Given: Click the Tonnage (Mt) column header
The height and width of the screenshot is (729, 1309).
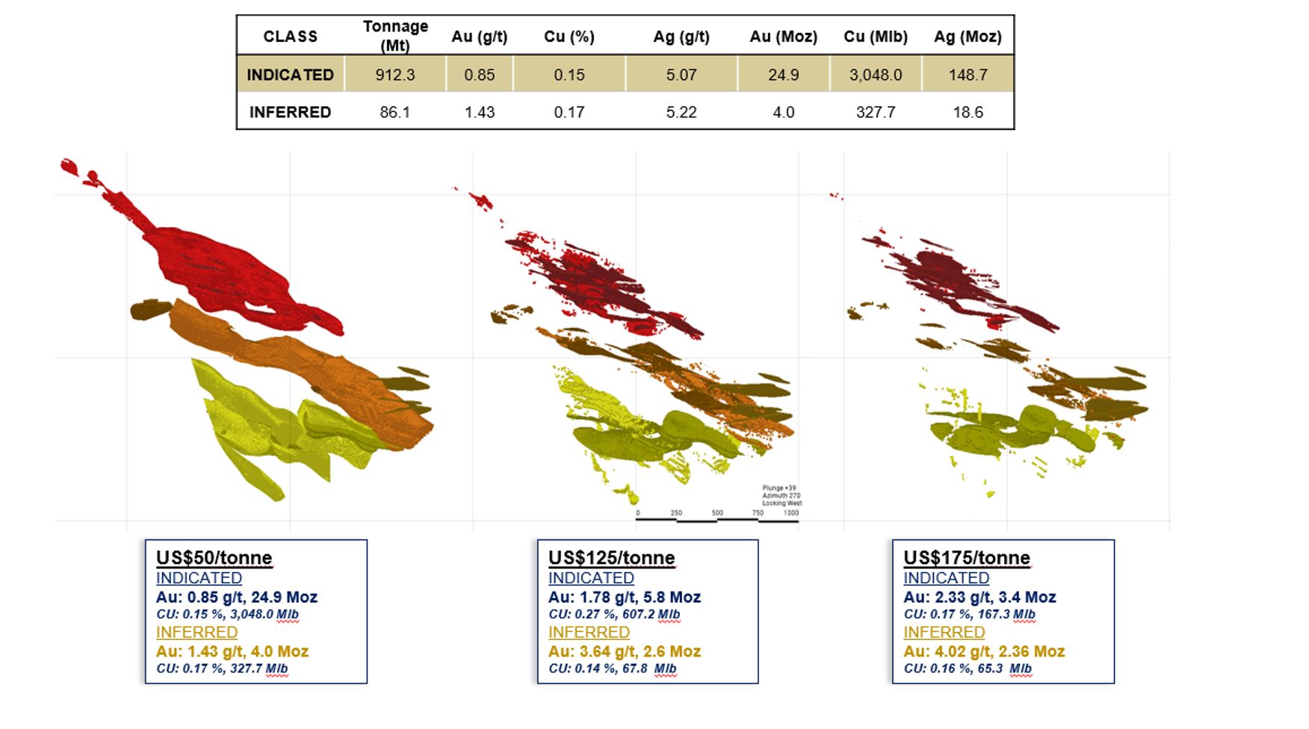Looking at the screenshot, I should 395,36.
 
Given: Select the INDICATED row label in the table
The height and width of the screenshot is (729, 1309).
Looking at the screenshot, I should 290,75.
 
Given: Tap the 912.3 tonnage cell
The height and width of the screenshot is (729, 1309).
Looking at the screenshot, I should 395,75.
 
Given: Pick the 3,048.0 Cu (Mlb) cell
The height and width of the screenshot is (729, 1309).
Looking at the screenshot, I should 876,75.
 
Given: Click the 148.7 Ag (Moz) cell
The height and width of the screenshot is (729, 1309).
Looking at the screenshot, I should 968,75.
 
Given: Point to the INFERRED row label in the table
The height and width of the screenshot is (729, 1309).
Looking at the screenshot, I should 290,112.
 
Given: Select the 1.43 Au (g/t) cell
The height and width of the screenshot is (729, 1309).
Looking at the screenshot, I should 480,112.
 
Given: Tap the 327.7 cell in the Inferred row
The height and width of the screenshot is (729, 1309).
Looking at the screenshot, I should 876,112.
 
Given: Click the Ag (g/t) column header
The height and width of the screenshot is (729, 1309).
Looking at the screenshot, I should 681,37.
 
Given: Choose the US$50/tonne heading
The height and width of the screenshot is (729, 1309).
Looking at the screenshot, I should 214,558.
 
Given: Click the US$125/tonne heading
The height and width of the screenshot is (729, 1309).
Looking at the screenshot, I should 611,558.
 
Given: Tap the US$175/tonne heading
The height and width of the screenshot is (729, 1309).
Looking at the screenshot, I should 966,558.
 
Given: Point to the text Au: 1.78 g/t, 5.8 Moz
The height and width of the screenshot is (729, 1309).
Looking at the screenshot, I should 624,598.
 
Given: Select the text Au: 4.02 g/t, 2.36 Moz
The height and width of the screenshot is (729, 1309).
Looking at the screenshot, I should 983,651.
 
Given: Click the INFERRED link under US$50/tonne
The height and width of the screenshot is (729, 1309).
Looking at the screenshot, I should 196,633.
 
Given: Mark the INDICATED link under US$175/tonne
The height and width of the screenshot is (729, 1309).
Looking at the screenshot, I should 946,578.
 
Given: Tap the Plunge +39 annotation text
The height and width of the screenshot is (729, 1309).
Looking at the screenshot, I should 778,488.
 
